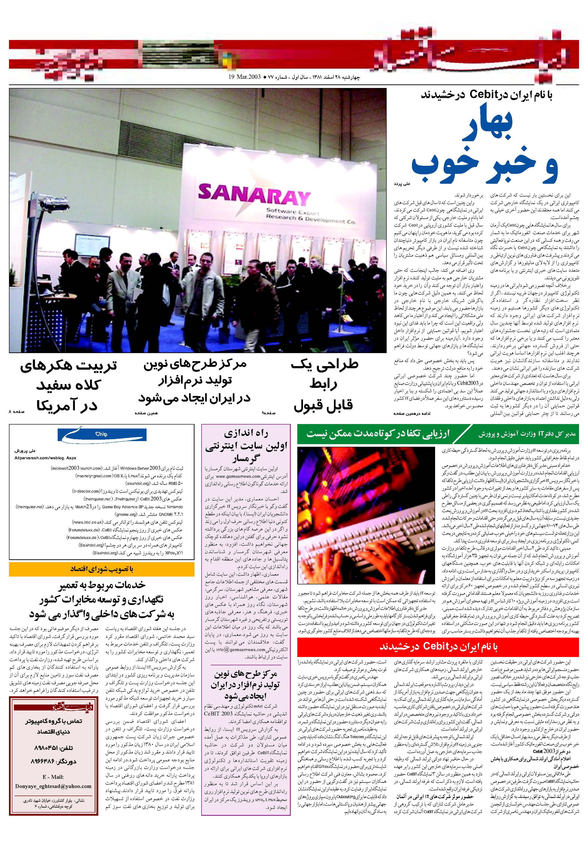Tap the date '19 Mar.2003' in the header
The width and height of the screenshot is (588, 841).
(x=245, y=77)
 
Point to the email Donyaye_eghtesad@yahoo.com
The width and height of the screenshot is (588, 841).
(x=53, y=786)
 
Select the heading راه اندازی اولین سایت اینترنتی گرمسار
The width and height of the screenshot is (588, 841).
(x=246, y=445)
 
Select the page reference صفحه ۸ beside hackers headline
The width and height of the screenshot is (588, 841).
(x=16, y=412)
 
